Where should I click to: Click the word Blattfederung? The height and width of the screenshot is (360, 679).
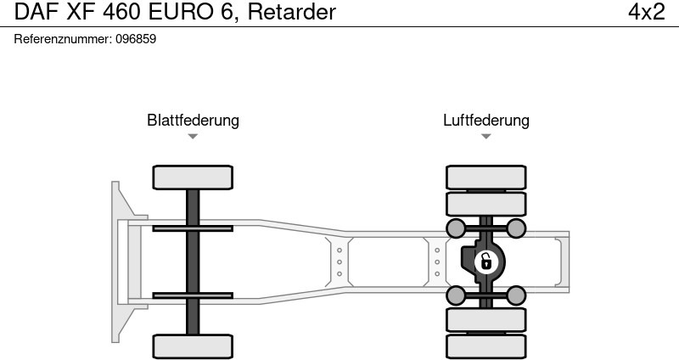(193, 121)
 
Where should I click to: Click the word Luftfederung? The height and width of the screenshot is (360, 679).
(485, 121)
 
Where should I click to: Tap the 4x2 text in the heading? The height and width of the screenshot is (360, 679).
(646, 12)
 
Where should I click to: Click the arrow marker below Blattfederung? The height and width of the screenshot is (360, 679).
(193, 137)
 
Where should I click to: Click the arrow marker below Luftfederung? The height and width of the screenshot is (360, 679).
(485, 137)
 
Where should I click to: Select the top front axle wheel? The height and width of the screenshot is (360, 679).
(193, 177)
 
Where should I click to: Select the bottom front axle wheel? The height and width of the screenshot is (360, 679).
(193, 346)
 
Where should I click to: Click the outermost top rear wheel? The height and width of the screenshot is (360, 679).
(485, 177)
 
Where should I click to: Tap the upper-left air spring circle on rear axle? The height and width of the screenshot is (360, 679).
(456, 228)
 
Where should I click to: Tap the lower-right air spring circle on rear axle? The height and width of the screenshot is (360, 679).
(516, 295)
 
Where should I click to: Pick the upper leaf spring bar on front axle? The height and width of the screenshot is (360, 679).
(193, 228)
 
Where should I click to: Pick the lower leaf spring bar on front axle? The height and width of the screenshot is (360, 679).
(193, 295)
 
